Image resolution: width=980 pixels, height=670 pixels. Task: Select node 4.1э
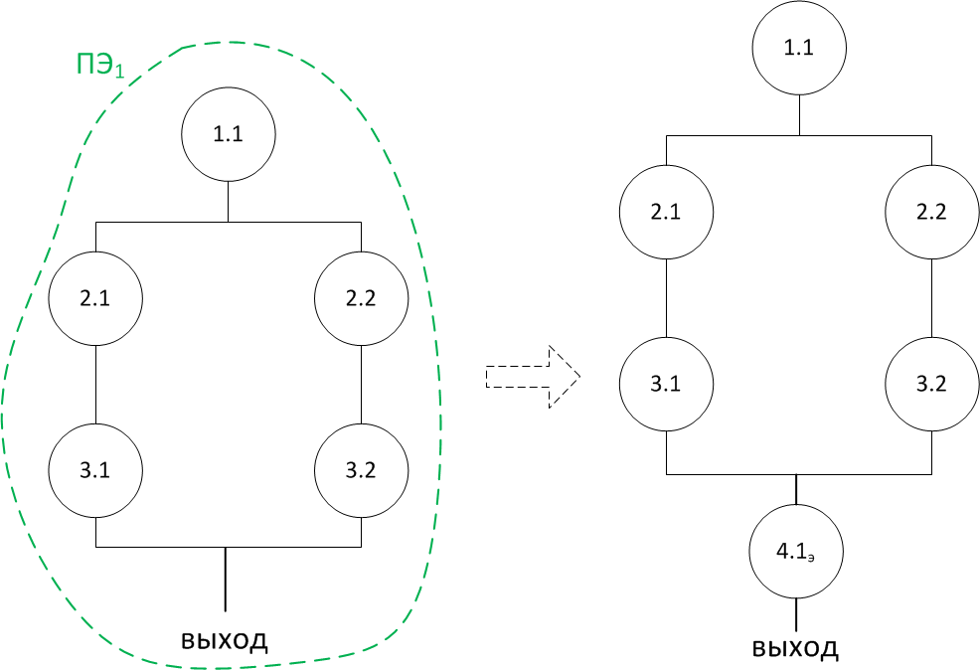796,553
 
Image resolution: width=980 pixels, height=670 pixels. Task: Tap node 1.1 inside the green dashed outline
229,135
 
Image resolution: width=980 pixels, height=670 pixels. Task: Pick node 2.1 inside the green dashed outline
95,298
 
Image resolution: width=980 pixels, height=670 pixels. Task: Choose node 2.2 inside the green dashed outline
361,298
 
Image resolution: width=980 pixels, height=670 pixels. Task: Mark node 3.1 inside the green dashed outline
95,470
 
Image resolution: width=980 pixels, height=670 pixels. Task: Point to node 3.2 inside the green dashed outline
361,470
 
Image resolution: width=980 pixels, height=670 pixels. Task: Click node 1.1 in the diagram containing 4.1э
799,48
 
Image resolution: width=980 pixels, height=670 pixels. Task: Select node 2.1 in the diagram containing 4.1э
666,212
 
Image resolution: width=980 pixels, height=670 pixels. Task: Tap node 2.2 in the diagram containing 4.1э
931,212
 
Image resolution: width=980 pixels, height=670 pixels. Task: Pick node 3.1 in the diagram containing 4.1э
666,384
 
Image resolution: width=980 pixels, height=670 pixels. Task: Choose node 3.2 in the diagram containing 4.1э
931,384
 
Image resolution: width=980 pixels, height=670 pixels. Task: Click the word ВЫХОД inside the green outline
225,638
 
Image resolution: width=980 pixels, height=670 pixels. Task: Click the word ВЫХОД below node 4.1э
795,649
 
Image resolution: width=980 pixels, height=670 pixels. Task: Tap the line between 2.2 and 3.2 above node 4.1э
931,298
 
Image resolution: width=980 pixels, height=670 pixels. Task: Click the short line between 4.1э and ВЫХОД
796,613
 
